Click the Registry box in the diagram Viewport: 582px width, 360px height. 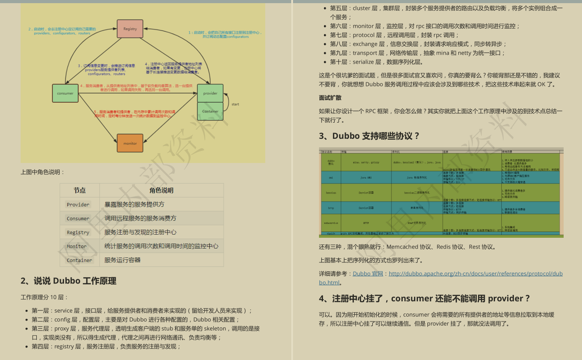pos(130,29)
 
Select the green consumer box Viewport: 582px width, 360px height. pos(65,93)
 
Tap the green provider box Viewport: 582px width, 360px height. pos(210,93)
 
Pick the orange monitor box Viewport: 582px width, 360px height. pos(130,143)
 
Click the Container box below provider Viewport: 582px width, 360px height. pos(210,111)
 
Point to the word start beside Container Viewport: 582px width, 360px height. pos(235,104)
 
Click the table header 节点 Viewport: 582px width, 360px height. pos(80,190)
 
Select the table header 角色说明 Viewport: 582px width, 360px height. pos(161,190)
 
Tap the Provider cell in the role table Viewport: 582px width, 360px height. pos(78,205)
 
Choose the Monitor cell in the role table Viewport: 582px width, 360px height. pos(77,246)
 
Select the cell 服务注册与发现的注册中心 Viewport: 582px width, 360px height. pos(140,232)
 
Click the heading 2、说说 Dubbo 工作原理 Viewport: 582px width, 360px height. pos(69,281)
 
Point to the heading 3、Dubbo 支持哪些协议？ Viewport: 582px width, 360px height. pos(369,136)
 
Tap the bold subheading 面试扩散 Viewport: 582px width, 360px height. pos(330,98)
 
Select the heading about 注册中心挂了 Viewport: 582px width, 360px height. pos(424,299)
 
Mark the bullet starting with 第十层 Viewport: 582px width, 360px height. pos(376,62)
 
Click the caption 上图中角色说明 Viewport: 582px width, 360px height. pos(43,172)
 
